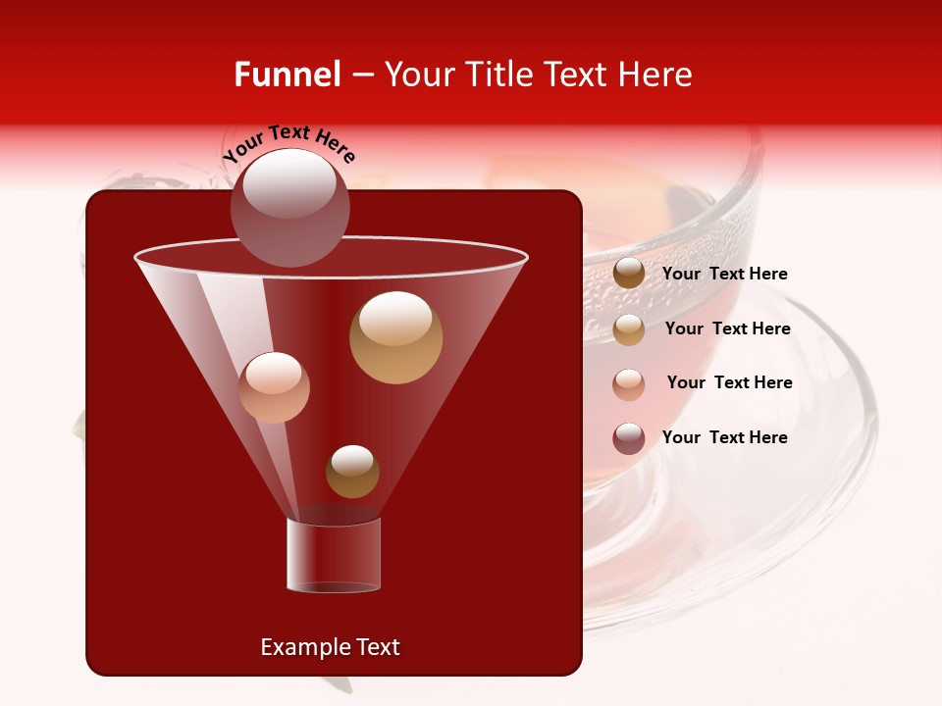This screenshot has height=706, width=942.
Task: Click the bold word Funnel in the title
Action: [287, 75]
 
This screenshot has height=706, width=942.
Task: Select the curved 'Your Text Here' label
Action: [288, 143]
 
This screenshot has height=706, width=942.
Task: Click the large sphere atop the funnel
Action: [290, 208]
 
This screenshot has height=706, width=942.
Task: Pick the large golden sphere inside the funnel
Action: [396, 337]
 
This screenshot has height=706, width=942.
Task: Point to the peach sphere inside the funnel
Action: [275, 387]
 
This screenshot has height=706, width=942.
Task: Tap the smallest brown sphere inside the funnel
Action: [352, 472]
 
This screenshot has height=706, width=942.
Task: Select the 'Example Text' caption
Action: [330, 647]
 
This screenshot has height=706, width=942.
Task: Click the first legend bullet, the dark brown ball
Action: [629, 274]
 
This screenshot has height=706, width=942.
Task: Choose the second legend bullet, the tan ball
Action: [629, 329]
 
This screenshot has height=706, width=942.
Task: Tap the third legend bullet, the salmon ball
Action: [629, 383]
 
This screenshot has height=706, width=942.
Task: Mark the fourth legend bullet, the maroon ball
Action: [629, 438]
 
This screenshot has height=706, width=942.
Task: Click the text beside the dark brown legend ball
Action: [725, 275]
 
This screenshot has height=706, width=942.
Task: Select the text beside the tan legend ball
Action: [727, 328]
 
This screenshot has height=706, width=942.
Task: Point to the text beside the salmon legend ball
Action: [729, 382]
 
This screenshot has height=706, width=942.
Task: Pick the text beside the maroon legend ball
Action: [725, 437]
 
